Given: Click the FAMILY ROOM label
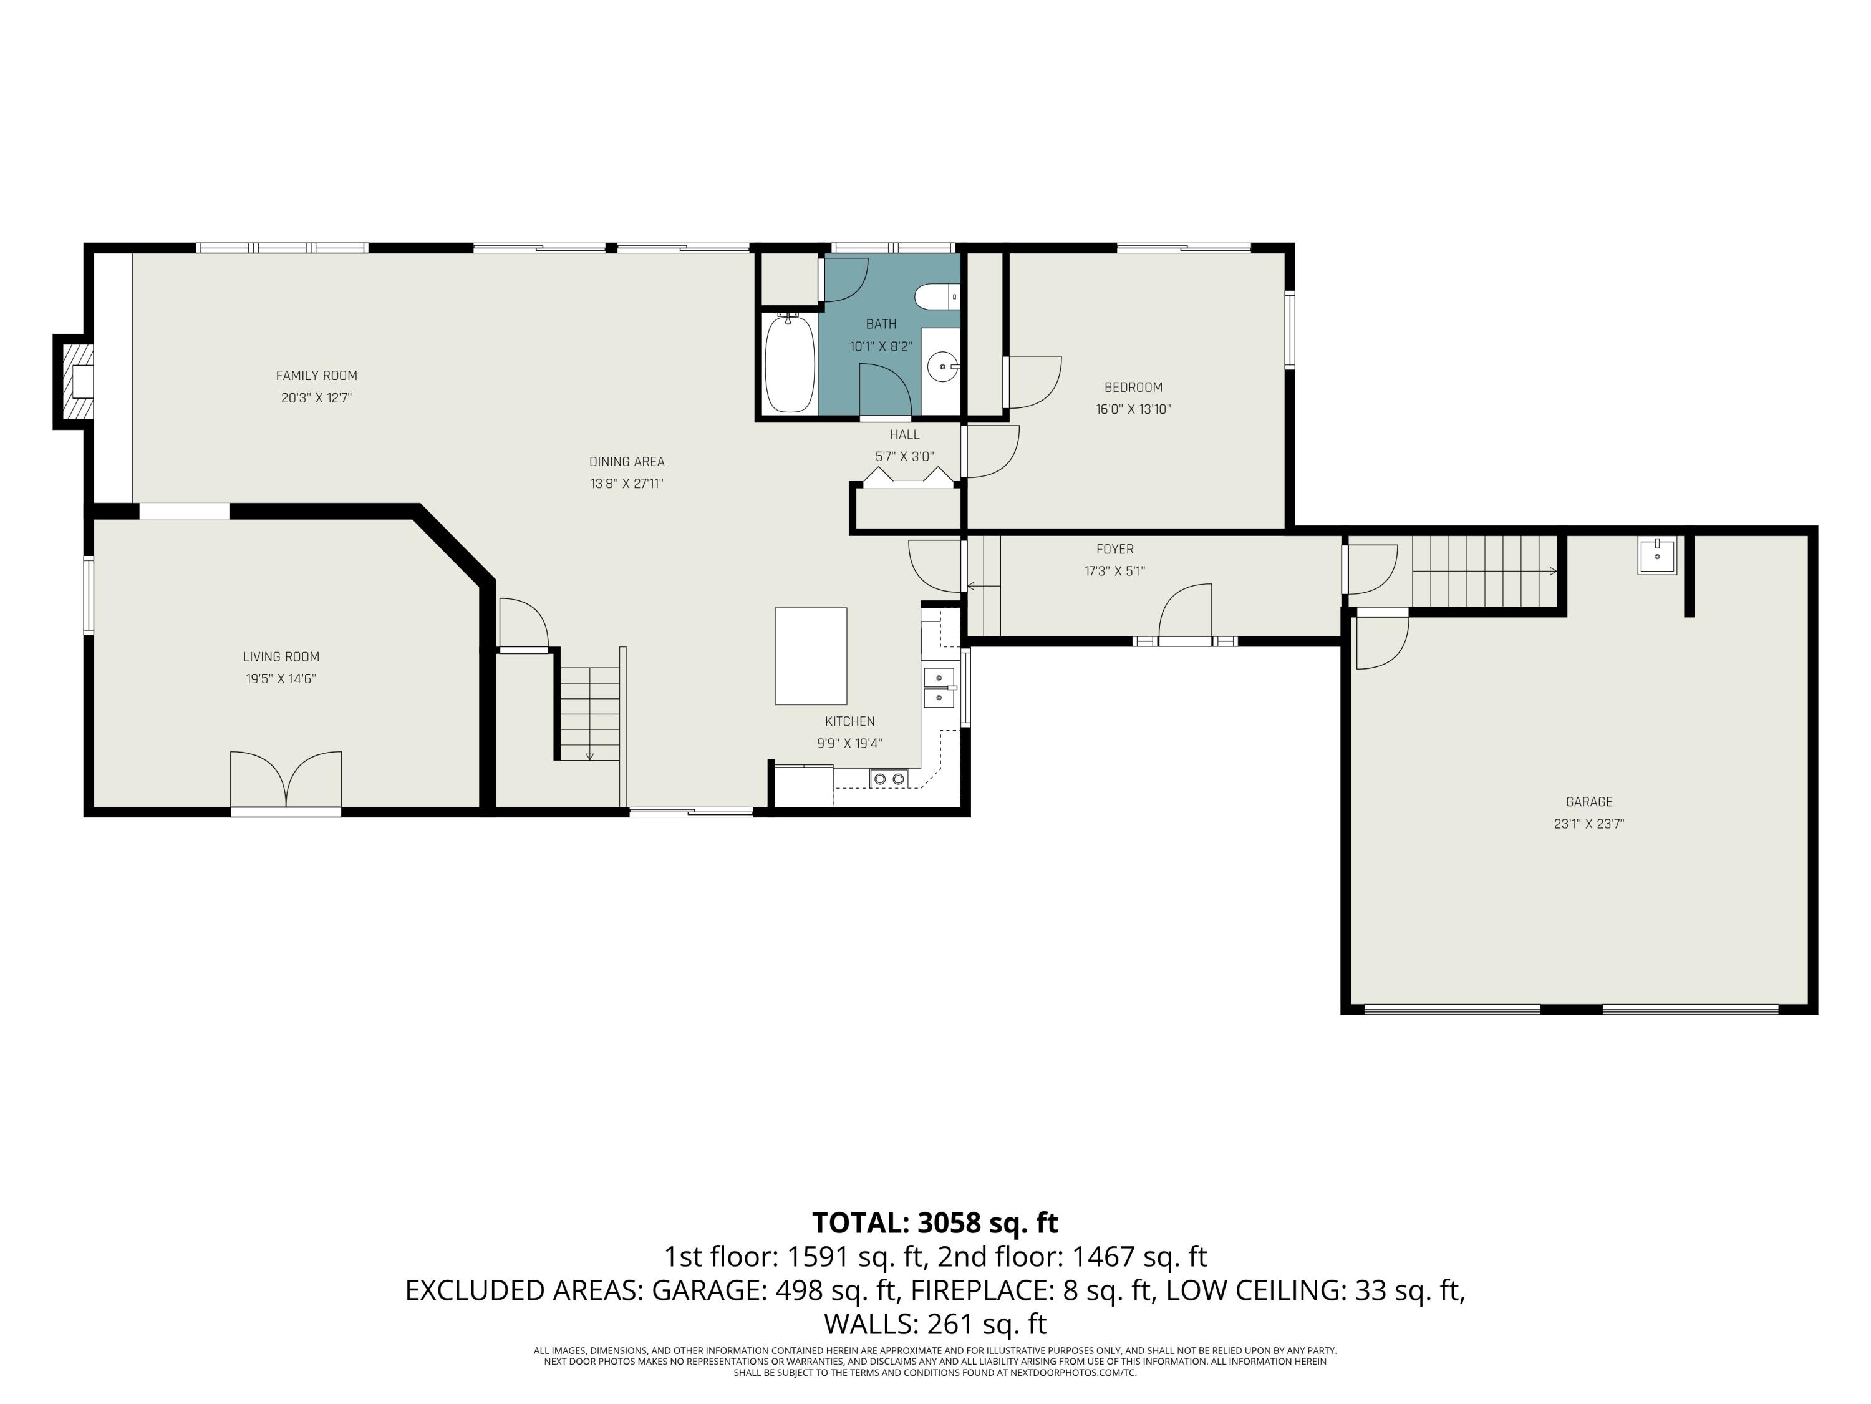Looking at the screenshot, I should [316, 376].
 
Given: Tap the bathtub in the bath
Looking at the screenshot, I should [789, 364].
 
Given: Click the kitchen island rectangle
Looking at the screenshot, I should [810, 656].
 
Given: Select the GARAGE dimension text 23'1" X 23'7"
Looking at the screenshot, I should [1588, 824].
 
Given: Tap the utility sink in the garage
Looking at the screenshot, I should [1656, 557].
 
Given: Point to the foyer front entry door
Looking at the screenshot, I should [1184, 613].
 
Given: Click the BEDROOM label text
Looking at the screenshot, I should [1133, 388].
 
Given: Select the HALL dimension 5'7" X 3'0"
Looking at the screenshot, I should [904, 457].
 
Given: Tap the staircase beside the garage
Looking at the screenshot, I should [1484, 570].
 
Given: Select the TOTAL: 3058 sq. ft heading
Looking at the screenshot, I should [935, 1223].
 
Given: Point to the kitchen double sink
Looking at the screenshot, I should [938, 686].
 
